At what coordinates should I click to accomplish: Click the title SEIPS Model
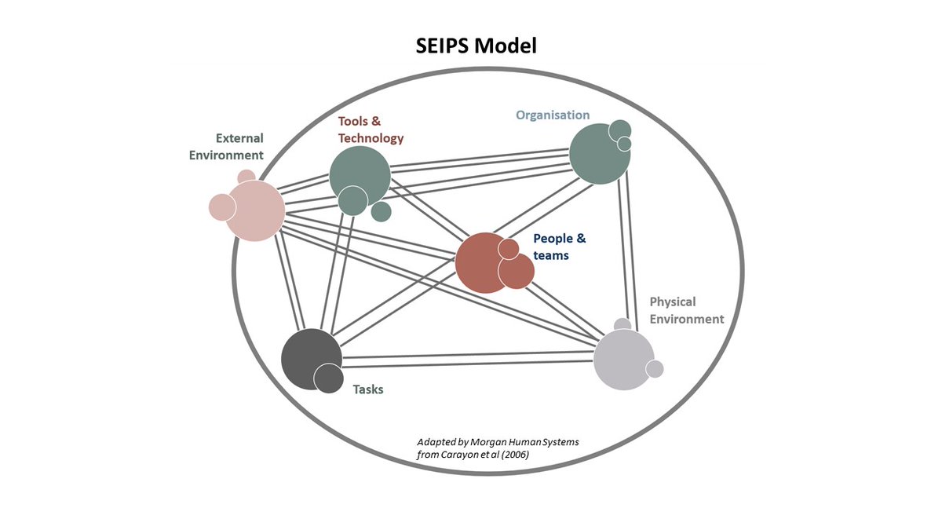click(476, 46)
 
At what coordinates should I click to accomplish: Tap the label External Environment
click(226, 146)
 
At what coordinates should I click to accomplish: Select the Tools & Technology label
click(371, 130)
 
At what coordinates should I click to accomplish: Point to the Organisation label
click(553, 115)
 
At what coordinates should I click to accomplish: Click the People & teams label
click(559, 247)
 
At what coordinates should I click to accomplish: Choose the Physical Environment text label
click(686, 310)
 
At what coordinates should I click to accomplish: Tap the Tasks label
click(367, 389)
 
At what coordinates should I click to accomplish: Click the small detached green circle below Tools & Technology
click(381, 211)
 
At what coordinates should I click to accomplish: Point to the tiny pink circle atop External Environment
click(246, 176)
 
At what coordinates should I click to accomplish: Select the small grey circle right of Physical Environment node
click(655, 368)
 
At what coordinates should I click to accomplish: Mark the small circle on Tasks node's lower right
click(328, 378)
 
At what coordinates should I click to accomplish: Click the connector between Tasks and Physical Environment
click(467, 360)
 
